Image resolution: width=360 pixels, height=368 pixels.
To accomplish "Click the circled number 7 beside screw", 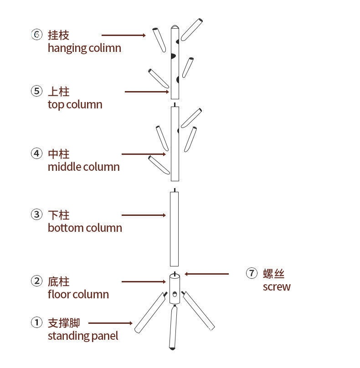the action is [252, 273].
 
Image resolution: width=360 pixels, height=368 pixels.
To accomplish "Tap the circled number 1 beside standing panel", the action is [36, 323].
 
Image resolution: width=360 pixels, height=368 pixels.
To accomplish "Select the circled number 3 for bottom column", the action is [36, 215].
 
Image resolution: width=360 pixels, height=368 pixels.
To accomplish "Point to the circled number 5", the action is [36, 91].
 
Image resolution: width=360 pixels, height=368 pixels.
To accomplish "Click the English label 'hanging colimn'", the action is [84, 48].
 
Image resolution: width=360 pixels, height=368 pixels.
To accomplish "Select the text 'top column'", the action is [75, 104].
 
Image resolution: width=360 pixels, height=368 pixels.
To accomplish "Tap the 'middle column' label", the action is [83, 167].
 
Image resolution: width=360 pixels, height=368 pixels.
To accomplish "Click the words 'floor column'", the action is [78, 294].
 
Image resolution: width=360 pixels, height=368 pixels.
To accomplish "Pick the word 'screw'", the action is [276, 286].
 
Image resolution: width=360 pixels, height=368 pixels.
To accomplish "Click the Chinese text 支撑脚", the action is [64, 323].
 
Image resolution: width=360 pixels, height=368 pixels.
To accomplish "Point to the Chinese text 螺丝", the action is [273, 273].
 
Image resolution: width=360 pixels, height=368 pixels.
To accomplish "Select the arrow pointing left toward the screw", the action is [206, 274].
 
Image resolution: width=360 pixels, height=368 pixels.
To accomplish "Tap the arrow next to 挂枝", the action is [123, 35].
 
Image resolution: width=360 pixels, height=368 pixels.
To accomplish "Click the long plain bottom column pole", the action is [174, 229].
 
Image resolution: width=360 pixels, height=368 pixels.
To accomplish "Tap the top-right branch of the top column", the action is [191, 29].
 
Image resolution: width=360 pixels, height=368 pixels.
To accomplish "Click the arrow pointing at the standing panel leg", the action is [110, 323].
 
